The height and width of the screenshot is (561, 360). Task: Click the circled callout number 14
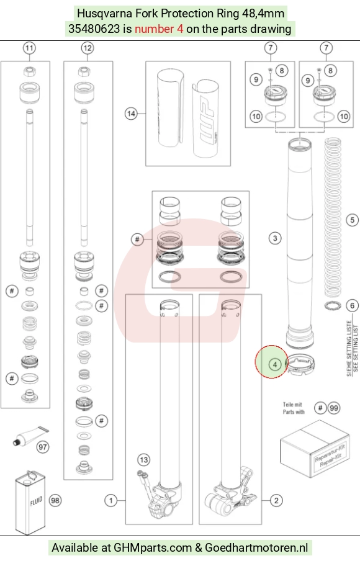click(x=131, y=114)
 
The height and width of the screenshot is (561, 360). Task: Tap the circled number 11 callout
click(x=29, y=48)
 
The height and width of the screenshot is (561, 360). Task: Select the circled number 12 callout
click(x=88, y=48)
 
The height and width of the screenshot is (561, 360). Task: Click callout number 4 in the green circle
click(x=275, y=364)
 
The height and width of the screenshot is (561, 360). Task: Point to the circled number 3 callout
click(x=275, y=238)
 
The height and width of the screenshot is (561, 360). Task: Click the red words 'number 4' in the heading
click(x=159, y=29)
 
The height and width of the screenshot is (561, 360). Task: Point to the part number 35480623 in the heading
click(x=94, y=29)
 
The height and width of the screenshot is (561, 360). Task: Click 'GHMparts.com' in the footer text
click(x=153, y=547)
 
